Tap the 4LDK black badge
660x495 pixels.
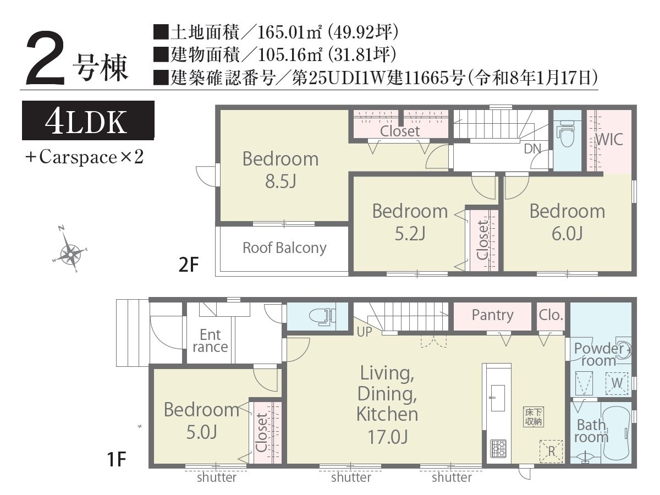click(x=88, y=120)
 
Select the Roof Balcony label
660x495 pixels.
click(x=284, y=248)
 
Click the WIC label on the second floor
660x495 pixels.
click(x=609, y=140)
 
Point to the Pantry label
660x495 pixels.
click(x=492, y=315)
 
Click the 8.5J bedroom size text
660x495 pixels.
click(x=280, y=182)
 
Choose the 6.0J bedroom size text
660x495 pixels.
click(x=567, y=234)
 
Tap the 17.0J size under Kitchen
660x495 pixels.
click(x=388, y=437)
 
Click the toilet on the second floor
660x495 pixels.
click(x=566, y=135)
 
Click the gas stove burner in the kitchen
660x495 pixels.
click(x=498, y=449)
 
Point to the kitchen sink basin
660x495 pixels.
click(x=498, y=398)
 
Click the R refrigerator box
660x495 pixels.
click(x=551, y=452)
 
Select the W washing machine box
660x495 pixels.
click(x=617, y=383)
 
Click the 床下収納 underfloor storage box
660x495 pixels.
click(x=533, y=417)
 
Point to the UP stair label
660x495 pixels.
click(x=365, y=332)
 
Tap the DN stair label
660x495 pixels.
click(x=532, y=148)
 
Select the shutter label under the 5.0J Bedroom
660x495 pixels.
click(x=217, y=477)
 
